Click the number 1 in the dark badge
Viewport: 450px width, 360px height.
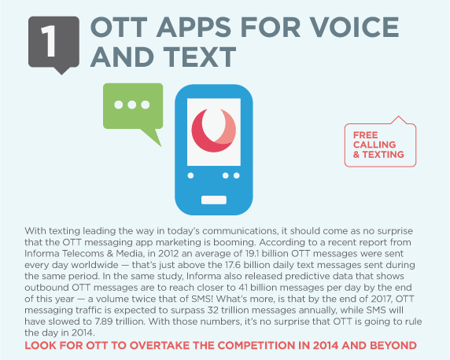tap(49, 41)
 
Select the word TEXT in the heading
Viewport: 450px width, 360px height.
tap(200, 57)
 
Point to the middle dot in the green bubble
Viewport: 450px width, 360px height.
tap(132, 105)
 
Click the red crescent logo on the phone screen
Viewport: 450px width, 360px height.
tap(214, 130)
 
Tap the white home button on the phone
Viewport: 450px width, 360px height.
tap(214, 200)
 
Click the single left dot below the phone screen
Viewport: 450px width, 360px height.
tap(190, 175)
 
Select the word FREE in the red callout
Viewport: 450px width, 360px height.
tap(365, 135)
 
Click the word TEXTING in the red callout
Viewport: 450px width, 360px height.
tap(383, 155)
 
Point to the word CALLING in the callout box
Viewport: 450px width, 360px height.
tap(374, 145)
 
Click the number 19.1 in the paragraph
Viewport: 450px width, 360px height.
tap(253, 254)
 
